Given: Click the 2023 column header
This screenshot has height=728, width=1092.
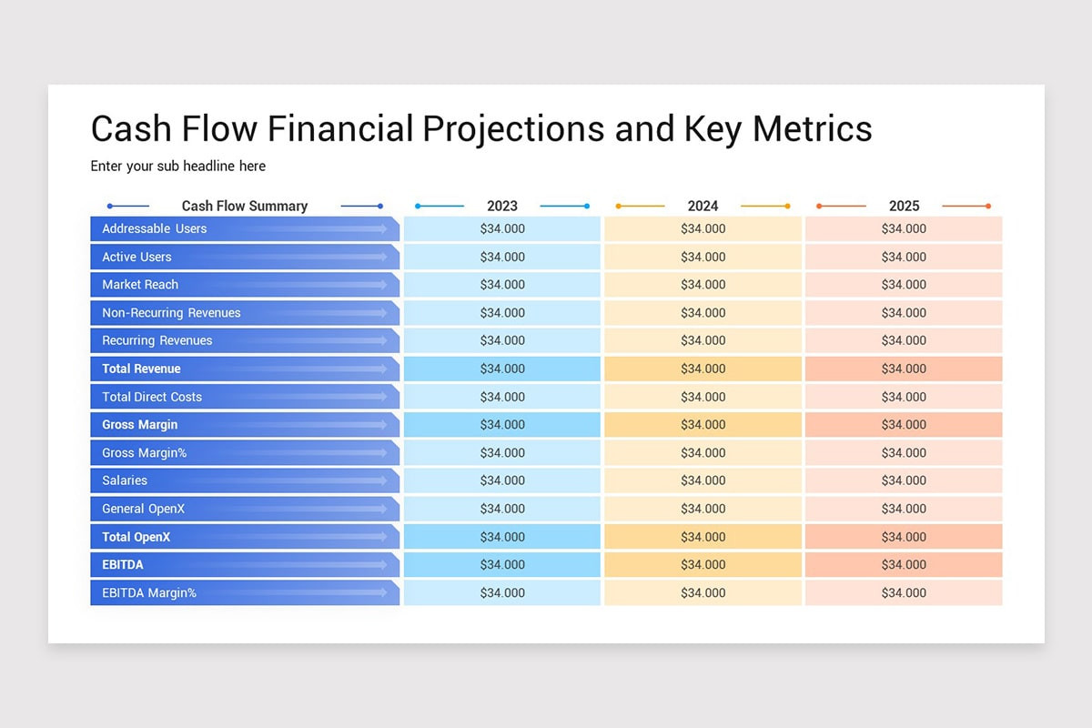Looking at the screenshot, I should [x=502, y=206].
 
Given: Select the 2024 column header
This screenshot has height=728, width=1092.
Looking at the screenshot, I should [x=703, y=206].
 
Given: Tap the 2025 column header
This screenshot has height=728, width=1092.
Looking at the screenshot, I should [x=904, y=206].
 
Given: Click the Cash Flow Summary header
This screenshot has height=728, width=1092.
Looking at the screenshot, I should [x=245, y=206].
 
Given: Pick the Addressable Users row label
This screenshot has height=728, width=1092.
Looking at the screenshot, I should [x=155, y=228].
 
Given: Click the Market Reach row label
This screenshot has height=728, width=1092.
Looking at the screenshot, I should [x=140, y=285].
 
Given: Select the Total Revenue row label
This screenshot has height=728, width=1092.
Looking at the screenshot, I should [x=141, y=369].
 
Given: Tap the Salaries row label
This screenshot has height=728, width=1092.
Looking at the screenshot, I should [x=125, y=480].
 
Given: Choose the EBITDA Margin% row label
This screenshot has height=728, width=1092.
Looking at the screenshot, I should [x=149, y=593].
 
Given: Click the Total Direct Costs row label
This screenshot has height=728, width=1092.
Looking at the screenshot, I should [x=152, y=397].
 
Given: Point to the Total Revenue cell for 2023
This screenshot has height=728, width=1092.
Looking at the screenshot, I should [x=502, y=369].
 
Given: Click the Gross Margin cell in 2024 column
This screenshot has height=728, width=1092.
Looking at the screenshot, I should [x=703, y=425].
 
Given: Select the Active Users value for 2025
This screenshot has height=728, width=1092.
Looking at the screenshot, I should [x=904, y=257].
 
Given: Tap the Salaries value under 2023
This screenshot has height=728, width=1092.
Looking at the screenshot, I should [x=502, y=480].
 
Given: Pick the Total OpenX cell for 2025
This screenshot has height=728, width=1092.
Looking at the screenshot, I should [x=904, y=537].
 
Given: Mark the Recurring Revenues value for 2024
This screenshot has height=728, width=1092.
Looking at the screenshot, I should [x=703, y=340].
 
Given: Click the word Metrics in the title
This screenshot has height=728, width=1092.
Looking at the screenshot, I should [x=813, y=128].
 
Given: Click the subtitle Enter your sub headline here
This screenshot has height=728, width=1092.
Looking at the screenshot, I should [x=178, y=167].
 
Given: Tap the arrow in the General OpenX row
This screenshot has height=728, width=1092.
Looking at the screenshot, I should [x=364, y=509].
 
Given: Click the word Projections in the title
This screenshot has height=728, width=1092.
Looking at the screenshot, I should [x=513, y=128].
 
